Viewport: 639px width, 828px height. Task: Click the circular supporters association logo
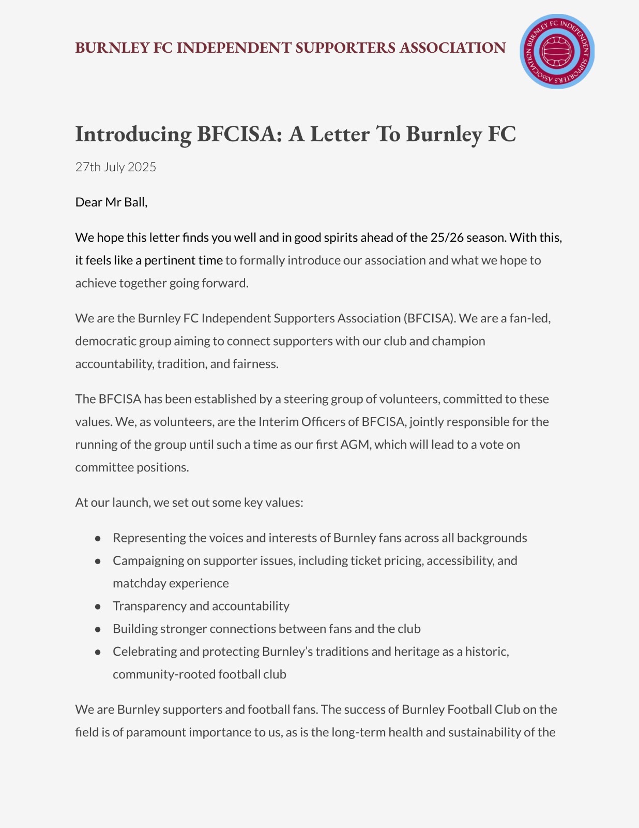tap(557, 51)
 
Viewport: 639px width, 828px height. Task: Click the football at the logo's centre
tap(557, 51)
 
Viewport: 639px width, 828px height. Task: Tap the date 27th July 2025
tap(115, 167)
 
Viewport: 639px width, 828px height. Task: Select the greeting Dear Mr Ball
tap(111, 202)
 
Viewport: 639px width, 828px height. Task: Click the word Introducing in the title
tap(133, 134)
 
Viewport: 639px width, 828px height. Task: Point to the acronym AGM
tap(355, 445)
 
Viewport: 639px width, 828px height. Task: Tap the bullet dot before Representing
tap(98, 538)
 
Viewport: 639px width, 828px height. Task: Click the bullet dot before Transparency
tap(98, 607)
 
